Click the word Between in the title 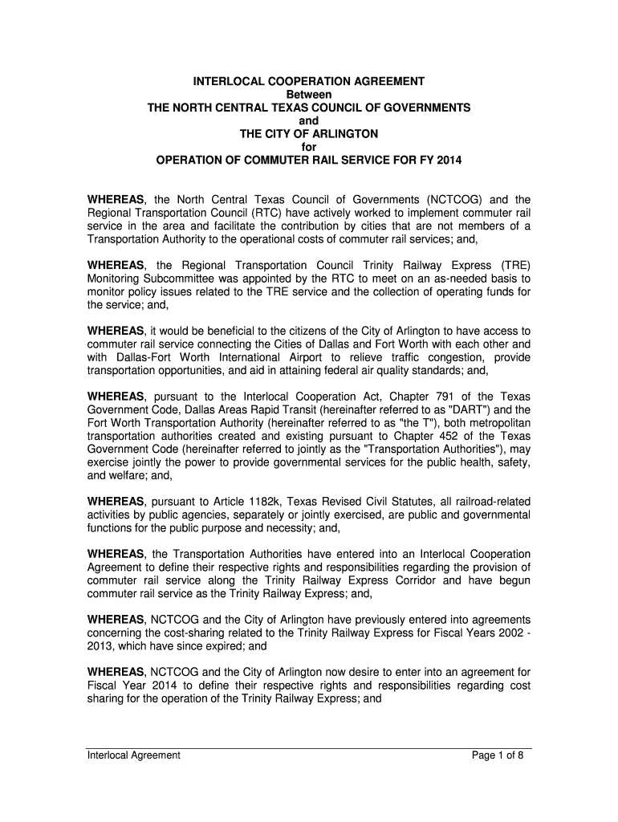pos(309,95)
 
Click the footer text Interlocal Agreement pos(134,755)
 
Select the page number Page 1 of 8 pos(498,755)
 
